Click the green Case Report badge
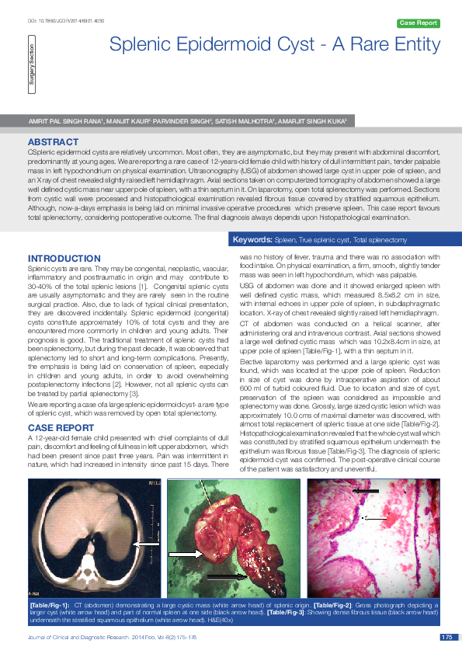(x=419, y=23)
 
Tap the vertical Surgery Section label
(x=32, y=71)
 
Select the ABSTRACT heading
(x=53, y=142)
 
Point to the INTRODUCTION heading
(x=64, y=258)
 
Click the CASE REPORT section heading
(x=61, y=428)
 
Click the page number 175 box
(x=446, y=638)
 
